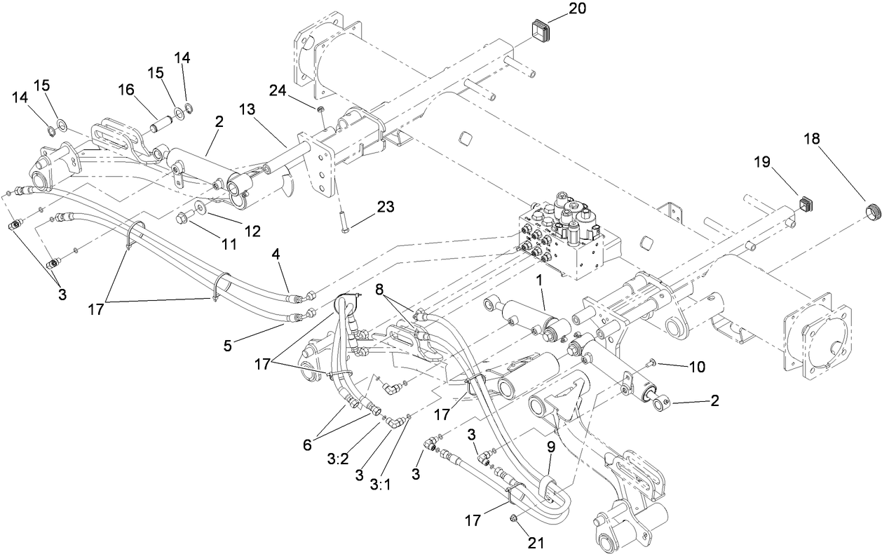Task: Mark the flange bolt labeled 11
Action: tap(186, 215)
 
